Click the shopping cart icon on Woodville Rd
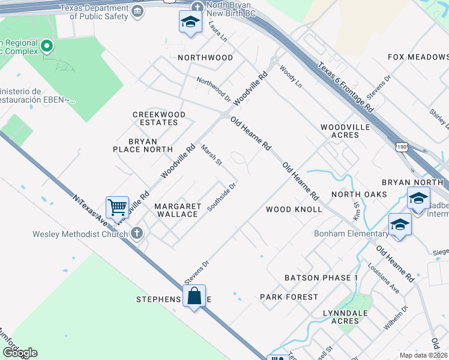tap(118, 208)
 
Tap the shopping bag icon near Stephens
tap(194, 296)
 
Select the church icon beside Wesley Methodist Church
tap(137, 233)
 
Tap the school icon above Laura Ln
tap(190, 23)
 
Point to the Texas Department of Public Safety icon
tap(137, 12)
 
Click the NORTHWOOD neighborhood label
tap(205, 58)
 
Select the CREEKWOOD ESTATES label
tap(159, 118)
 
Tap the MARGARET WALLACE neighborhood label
tap(178, 210)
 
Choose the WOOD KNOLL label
tap(294, 209)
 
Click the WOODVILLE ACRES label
tap(340, 131)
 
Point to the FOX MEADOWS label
tap(418, 57)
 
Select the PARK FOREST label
tap(289, 297)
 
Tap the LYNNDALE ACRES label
tap(341, 317)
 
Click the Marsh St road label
tap(211, 155)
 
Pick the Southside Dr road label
tap(222, 197)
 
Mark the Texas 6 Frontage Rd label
tap(346, 87)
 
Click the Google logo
tap(20, 353)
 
